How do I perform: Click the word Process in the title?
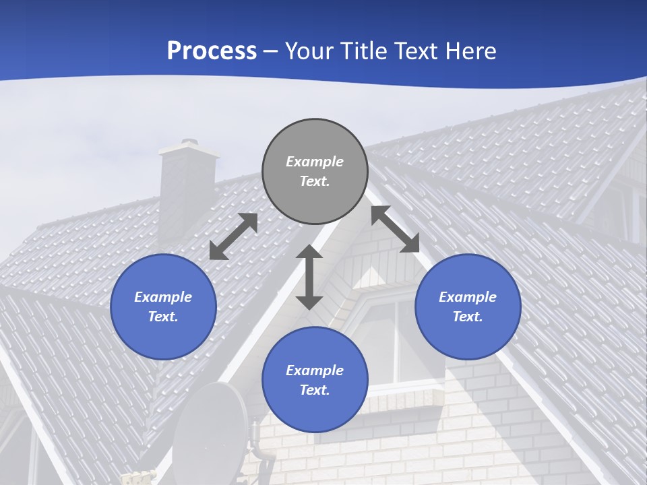pyautogui.click(x=212, y=51)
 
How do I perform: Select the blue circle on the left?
pyautogui.click(x=163, y=306)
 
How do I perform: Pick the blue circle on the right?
pyautogui.click(x=468, y=306)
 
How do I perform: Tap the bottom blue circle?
pyautogui.click(x=315, y=380)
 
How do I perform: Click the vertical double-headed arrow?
pyautogui.click(x=309, y=277)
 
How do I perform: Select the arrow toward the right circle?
pyautogui.click(x=396, y=229)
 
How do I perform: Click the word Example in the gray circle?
pyautogui.click(x=315, y=162)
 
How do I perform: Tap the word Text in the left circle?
pyautogui.click(x=163, y=317)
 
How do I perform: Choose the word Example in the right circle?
pyautogui.click(x=468, y=297)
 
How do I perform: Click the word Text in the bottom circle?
pyautogui.click(x=315, y=390)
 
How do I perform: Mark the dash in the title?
pyautogui.click(x=271, y=51)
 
